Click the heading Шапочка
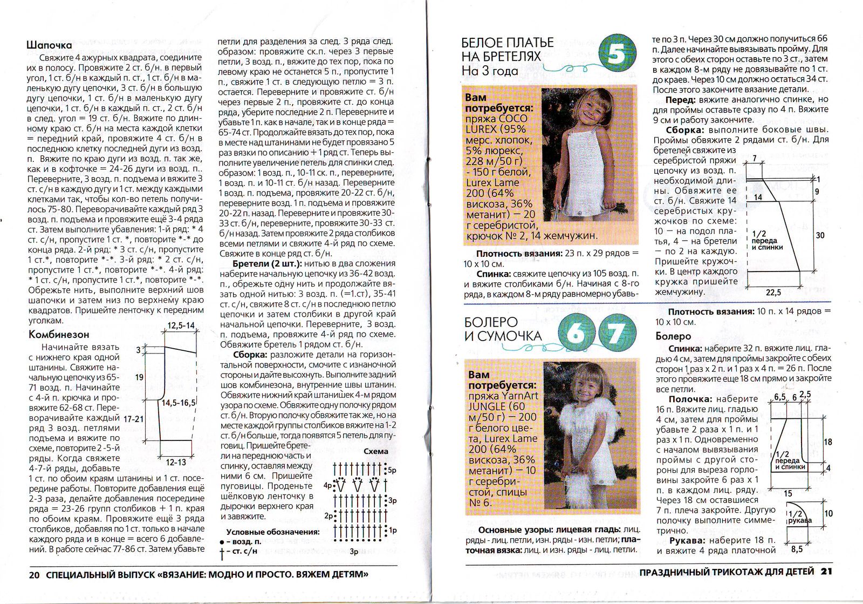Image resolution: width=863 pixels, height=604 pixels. [x=49, y=45]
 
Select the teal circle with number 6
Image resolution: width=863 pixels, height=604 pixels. [x=576, y=334]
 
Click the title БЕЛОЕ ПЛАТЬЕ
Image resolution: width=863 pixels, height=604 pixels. [x=508, y=43]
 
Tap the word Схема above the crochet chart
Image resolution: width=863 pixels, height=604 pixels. [x=375, y=451]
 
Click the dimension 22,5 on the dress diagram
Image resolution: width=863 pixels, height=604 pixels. [x=773, y=292]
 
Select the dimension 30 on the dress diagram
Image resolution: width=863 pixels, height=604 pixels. [x=820, y=235]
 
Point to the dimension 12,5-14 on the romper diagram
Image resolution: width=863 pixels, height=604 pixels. [x=181, y=325]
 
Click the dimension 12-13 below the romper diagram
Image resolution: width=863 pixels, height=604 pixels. [x=176, y=462]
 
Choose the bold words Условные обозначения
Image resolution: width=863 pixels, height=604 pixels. [x=272, y=532]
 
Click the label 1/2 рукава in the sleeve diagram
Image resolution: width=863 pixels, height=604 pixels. [x=799, y=518]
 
